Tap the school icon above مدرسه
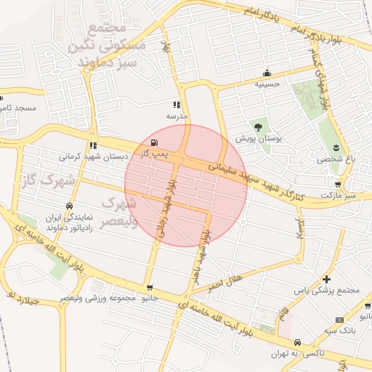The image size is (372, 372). click(x=177, y=105)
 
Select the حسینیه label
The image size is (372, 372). click(x=267, y=84)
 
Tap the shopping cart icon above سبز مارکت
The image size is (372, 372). click(x=336, y=185)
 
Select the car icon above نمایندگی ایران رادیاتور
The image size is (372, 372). click(x=68, y=206)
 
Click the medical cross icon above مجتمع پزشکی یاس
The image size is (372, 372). click(x=327, y=279)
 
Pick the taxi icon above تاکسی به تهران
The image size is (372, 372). click(x=297, y=342)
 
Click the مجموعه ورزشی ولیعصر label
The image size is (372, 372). click(x=97, y=298)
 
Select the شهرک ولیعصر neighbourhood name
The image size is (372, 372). click(x=119, y=212)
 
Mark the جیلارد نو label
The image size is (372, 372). click(x=22, y=298)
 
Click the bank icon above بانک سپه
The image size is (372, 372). click(x=340, y=320)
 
